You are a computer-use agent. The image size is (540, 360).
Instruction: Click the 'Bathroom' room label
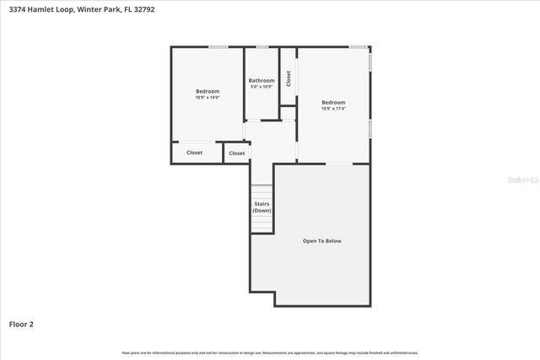click(261, 81)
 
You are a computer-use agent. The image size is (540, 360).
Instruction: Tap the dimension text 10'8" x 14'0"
click(208, 98)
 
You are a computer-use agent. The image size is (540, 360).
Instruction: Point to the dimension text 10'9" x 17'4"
click(332, 109)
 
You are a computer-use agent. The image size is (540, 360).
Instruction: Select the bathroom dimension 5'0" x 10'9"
click(261, 87)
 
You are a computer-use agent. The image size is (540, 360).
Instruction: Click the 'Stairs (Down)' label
click(262, 207)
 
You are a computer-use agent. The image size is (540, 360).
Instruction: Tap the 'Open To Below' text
click(322, 241)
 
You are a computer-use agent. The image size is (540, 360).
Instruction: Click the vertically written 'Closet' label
click(289, 78)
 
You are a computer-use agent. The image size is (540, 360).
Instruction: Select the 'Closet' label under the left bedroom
click(194, 153)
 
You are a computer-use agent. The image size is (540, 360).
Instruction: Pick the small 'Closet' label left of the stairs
click(237, 153)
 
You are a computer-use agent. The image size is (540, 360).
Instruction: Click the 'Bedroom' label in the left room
click(208, 91)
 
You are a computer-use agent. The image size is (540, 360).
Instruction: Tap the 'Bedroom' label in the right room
click(332, 102)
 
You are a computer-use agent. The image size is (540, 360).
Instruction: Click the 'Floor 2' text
click(21, 324)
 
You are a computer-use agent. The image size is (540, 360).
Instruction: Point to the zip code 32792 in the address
click(144, 9)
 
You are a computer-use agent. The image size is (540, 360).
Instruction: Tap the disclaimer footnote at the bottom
click(270, 352)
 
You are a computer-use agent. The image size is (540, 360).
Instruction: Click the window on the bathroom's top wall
click(262, 46)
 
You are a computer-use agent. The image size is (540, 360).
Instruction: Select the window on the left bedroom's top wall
click(218, 46)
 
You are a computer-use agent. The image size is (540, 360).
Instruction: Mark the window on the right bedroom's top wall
click(358, 46)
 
